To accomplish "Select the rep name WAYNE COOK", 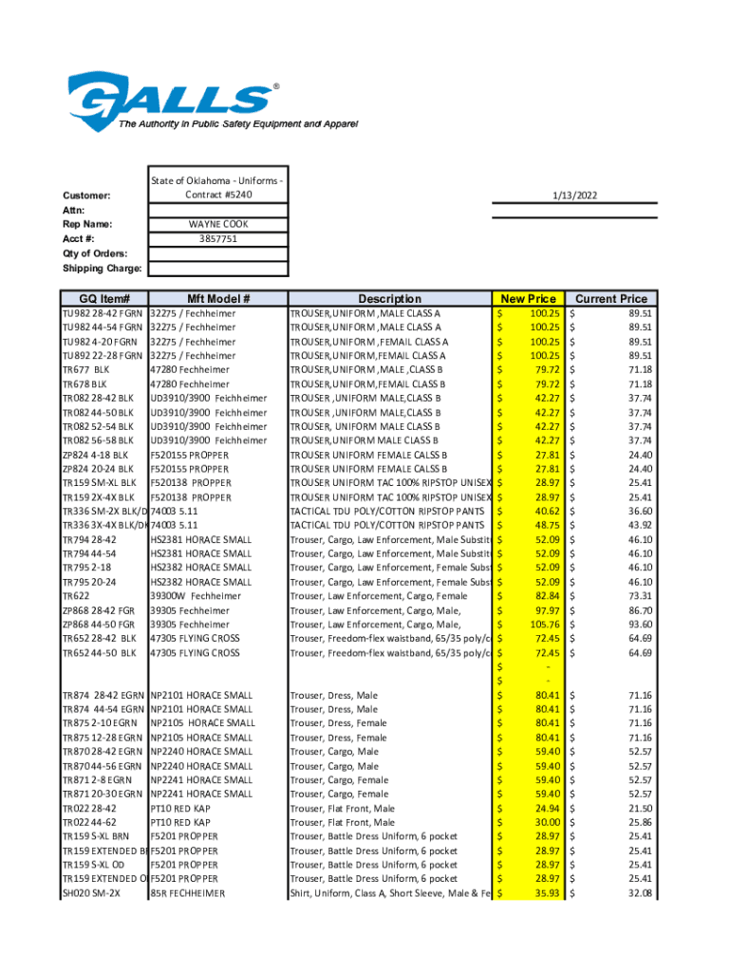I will (218, 224).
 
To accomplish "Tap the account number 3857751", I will (218, 239).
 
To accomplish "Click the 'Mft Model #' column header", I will (218, 298).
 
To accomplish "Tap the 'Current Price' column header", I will (610, 298).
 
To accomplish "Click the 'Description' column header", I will (389, 298).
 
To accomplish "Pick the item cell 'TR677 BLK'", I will (86, 369).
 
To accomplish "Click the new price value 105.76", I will (545, 625).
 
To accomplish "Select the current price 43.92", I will (639, 525).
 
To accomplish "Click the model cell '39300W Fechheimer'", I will (189, 596).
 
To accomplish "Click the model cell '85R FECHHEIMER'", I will (188, 893).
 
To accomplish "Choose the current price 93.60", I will (639, 625).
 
